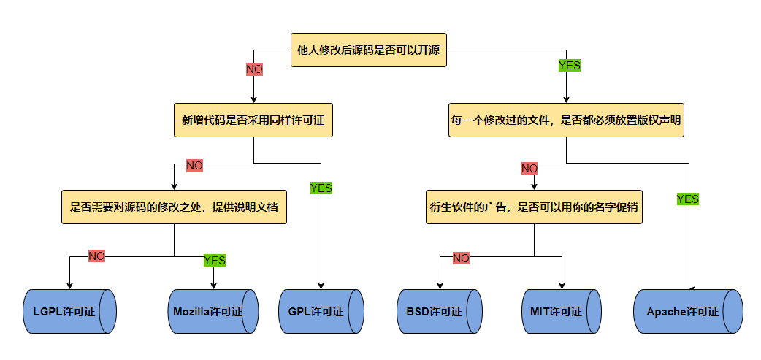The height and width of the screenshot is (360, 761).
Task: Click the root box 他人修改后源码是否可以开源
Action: (368, 50)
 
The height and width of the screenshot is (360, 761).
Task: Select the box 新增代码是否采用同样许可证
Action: (253, 120)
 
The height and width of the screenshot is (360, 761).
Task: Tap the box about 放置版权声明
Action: (566, 120)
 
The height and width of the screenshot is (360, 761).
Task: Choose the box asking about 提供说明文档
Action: (174, 207)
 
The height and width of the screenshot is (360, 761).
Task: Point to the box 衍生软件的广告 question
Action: (534, 207)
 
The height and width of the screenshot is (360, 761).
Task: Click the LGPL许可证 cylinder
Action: (69, 311)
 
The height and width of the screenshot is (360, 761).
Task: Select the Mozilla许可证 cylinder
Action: (213, 311)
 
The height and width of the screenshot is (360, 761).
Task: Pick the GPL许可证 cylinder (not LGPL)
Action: (321, 311)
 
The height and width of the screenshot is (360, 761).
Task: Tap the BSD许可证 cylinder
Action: (439, 311)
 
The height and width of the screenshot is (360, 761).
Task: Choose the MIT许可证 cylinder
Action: (561, 311)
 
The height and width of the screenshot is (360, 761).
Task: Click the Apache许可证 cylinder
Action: (687, 311)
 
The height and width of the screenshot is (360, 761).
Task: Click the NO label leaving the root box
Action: (254, 69)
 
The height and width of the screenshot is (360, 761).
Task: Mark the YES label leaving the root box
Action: (569, 65)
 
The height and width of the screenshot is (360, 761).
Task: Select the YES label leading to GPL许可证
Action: (321, 188)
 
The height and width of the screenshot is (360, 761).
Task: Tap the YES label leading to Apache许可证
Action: (687, 199)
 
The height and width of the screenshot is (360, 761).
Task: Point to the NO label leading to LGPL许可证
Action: (96, 256)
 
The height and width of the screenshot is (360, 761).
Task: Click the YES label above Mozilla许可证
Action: (214, 260)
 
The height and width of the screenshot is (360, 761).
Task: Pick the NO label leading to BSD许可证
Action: (461, 258)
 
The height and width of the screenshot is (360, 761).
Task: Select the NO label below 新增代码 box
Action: (194, 166)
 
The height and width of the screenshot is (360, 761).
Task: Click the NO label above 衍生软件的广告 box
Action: (529, 169)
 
